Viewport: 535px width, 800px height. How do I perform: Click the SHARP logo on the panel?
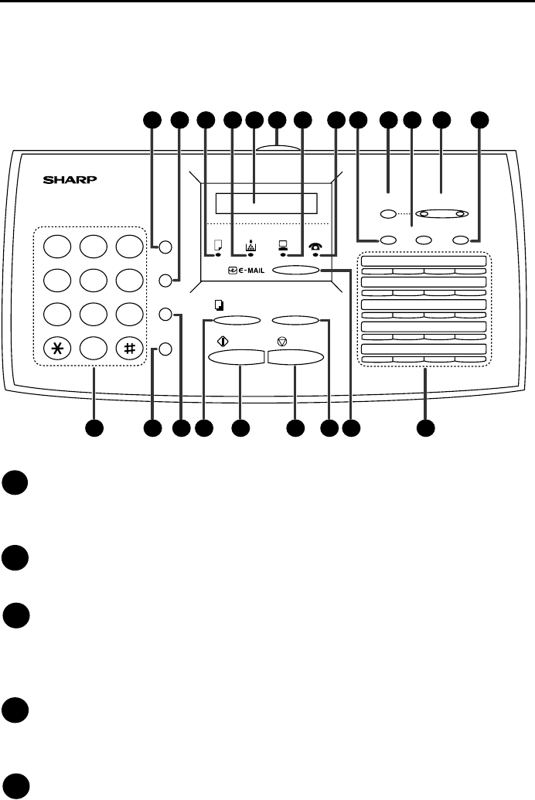point(71,182)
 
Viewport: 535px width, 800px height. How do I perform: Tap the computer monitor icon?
point(284,247)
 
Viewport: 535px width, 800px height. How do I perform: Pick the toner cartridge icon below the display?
point(250,247)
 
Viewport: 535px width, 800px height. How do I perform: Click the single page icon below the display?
point(217,247)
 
